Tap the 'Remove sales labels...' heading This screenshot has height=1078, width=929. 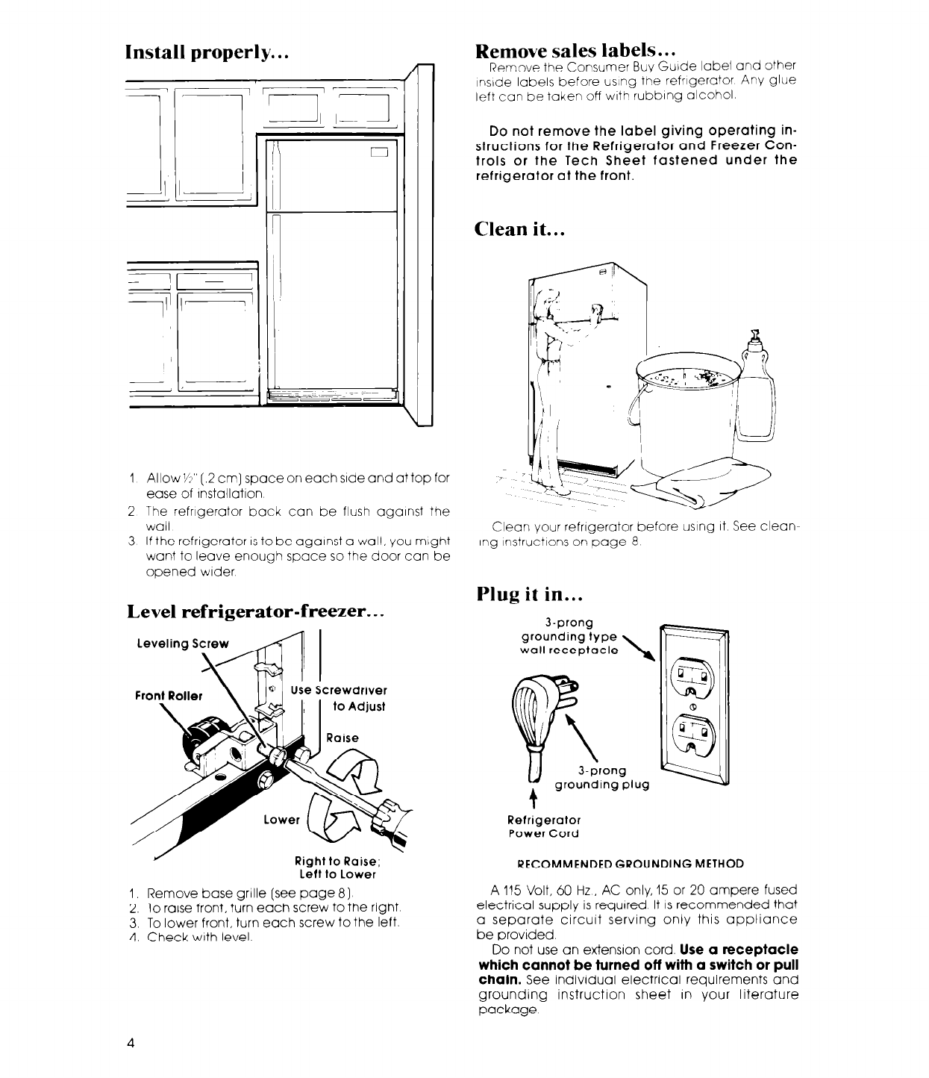tap(576, 50)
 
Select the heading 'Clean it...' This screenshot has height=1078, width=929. tap(519, 228)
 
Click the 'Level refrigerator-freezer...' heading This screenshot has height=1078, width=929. tap(256, 612)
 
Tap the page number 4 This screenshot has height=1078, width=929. tap(130, 1044)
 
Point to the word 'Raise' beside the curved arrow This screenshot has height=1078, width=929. tap(343, 738)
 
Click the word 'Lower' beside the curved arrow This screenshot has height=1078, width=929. tap(282, 820)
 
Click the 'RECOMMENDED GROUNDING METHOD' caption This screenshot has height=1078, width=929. tap(630, 864)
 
